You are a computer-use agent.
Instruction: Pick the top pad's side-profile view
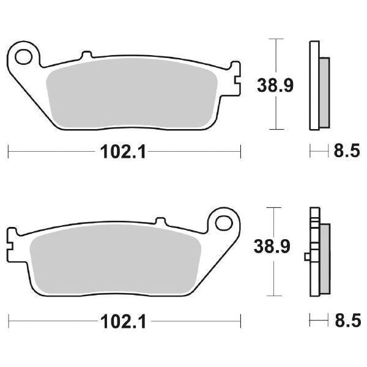click(316, 86)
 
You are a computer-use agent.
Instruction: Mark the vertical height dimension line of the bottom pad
click(278, 281)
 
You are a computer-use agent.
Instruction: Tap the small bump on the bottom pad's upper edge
click(161, 221)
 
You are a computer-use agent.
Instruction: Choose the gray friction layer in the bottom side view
click(324, 257)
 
